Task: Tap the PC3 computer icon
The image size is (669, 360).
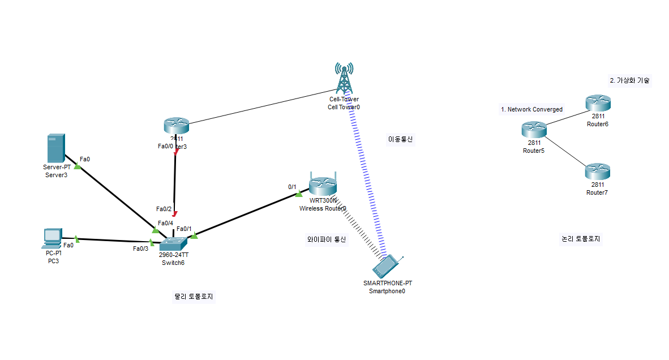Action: [x=52, y=238]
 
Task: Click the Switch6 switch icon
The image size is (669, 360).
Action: [x=172, y=244]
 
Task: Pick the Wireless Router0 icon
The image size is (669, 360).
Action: [x=323, y=185]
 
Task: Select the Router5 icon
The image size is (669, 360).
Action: [x=534, y=130]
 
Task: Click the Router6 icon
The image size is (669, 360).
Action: [x=598, y=103]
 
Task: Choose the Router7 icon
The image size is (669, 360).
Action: [x=598, y=171]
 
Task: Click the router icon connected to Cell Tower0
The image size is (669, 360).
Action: [x=175, y=126]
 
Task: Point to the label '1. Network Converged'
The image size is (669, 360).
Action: [x=531, y=109]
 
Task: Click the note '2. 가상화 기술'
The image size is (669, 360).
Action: [x=629, y=80]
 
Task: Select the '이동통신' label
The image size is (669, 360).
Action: [x=400, y=139]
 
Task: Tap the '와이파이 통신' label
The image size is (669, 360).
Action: [x=325, y=239]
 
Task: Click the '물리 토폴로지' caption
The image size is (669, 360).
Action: [x=195, y=296]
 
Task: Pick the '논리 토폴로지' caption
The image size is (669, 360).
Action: [x=581, y=239]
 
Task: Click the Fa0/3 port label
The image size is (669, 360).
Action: [x=140, y=248]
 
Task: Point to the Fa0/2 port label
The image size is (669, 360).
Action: [x=164, y=209]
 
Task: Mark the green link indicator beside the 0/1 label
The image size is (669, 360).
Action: [x=299, y=194]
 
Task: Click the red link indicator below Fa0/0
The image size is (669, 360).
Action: [x=176, y=152]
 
